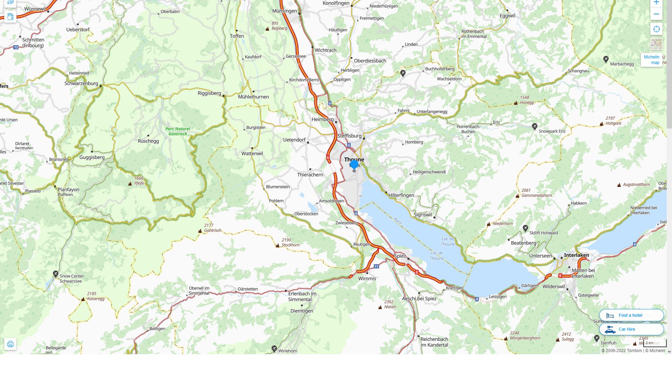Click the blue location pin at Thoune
point(354,164)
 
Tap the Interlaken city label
point(576,255)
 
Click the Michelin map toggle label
point(651,60)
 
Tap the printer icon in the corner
point(10,344)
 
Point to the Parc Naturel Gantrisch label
point(178,131)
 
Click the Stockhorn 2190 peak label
point(290,243)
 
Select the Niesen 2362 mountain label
point(390,304)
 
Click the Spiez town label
point(400,256)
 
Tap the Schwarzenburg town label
point(81,83)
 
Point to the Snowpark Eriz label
point(552,131)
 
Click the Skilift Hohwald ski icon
point(525,228)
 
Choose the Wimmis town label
point(367,279)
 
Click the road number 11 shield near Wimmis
point(376,266)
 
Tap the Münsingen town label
point(284,11)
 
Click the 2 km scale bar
point(654,344)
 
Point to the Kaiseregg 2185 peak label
point(95,296)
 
